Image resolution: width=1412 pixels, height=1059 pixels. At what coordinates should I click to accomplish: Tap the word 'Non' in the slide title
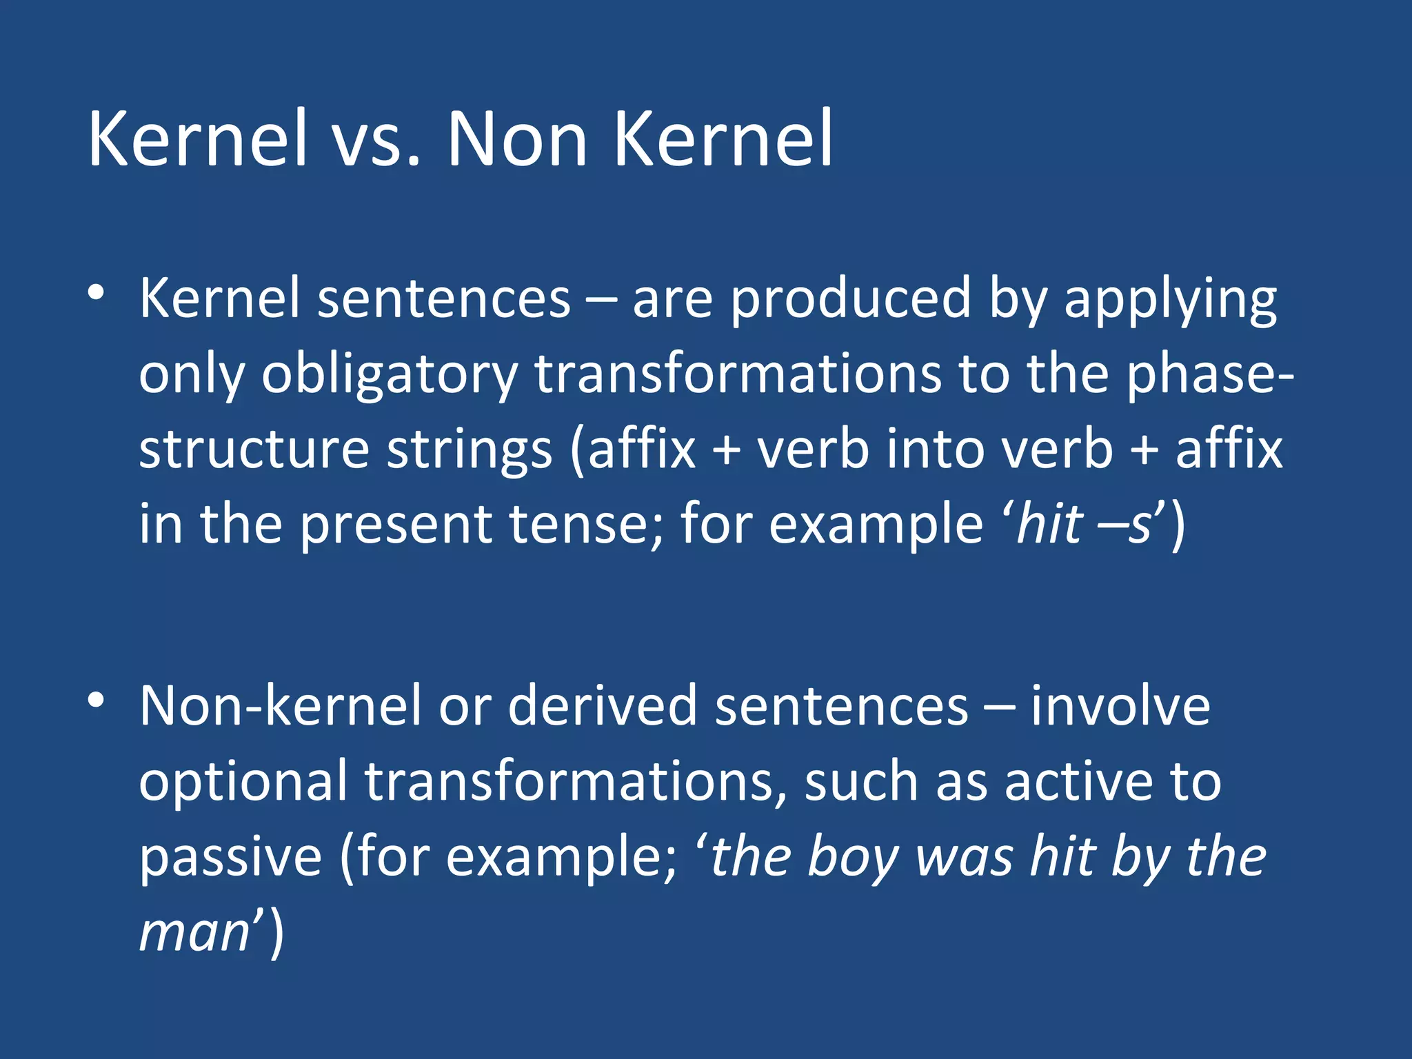517,140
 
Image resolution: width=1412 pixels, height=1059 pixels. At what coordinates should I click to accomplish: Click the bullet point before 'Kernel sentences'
96,293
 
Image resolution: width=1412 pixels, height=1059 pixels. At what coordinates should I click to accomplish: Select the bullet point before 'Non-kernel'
96,700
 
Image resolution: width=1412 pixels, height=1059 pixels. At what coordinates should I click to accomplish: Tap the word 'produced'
850,300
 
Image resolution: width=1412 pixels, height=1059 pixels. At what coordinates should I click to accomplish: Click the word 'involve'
1120,707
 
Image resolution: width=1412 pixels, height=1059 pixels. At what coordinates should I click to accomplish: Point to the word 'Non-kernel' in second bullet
280,707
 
